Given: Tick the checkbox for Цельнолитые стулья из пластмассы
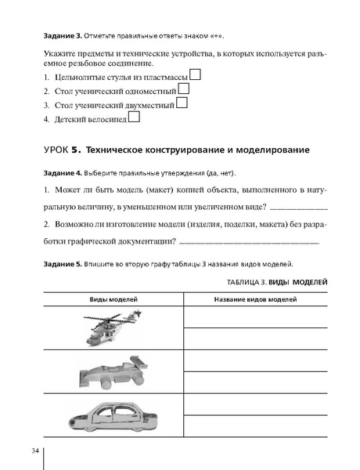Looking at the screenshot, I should [x=196, y=75].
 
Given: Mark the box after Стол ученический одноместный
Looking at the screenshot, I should [x=183, y=89].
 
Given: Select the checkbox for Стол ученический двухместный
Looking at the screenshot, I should [x=182, y=103].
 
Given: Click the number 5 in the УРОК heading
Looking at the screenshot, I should [x=98, y=150].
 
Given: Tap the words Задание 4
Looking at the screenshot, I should [x=49, y=172].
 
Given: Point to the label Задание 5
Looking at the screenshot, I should [x=49, y=265].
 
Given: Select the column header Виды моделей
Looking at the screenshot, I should [x=113, y=300].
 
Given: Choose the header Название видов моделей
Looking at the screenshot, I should [x=255, y=300].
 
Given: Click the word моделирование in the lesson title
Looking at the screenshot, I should [x=268, y=150].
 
